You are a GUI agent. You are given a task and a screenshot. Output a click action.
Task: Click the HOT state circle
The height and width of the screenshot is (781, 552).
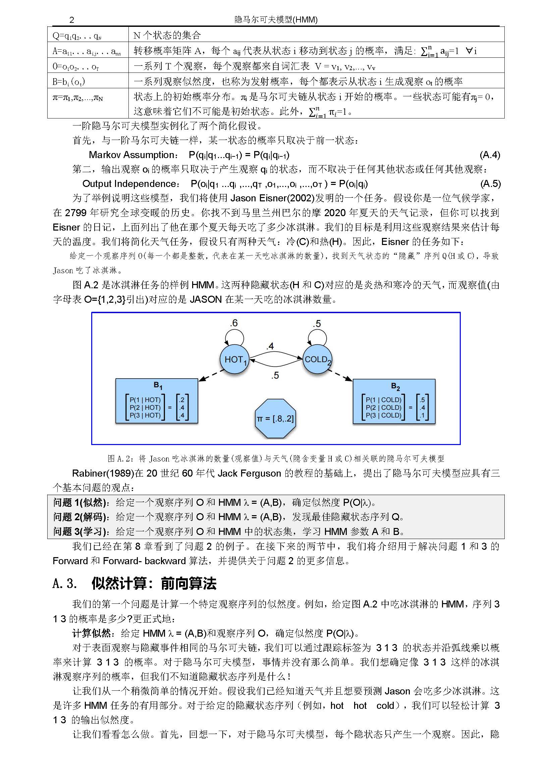(x=234, y=359)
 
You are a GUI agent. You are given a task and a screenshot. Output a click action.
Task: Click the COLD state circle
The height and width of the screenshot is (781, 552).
(x=317, y=359)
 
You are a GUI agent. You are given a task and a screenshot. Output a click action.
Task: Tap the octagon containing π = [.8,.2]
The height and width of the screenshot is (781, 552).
(x=275, y=419)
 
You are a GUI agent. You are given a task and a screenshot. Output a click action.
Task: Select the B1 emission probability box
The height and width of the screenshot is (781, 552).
(x=157, y=401)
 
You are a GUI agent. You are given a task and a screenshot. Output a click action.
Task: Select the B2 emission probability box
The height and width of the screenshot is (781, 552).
(x=394, y=401)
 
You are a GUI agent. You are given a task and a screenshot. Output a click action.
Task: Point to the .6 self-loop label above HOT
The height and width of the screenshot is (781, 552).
(x=233, y=323)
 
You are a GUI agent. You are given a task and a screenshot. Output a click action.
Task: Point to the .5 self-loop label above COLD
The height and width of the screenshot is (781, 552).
(x=317, y=324)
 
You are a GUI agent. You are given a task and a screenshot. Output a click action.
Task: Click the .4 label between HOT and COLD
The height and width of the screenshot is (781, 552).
(x=270, y=346)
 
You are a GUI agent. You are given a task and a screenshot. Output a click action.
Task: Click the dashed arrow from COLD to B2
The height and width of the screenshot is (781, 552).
(x=340, y=375)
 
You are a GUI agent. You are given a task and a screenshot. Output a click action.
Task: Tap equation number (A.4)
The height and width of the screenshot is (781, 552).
(x=490, y=155)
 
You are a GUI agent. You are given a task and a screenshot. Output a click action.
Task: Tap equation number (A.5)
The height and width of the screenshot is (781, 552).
(x=490, y=184)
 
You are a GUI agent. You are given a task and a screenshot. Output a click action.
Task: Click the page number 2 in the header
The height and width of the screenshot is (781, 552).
(x=71, y=20)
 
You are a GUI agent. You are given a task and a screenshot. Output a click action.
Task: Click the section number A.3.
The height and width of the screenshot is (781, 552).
(x=65, y=583)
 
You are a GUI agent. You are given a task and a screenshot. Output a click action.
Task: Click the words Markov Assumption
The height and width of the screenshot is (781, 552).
(x=131, y=155)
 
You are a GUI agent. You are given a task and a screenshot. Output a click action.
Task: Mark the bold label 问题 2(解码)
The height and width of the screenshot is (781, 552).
(x=80, y=517)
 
